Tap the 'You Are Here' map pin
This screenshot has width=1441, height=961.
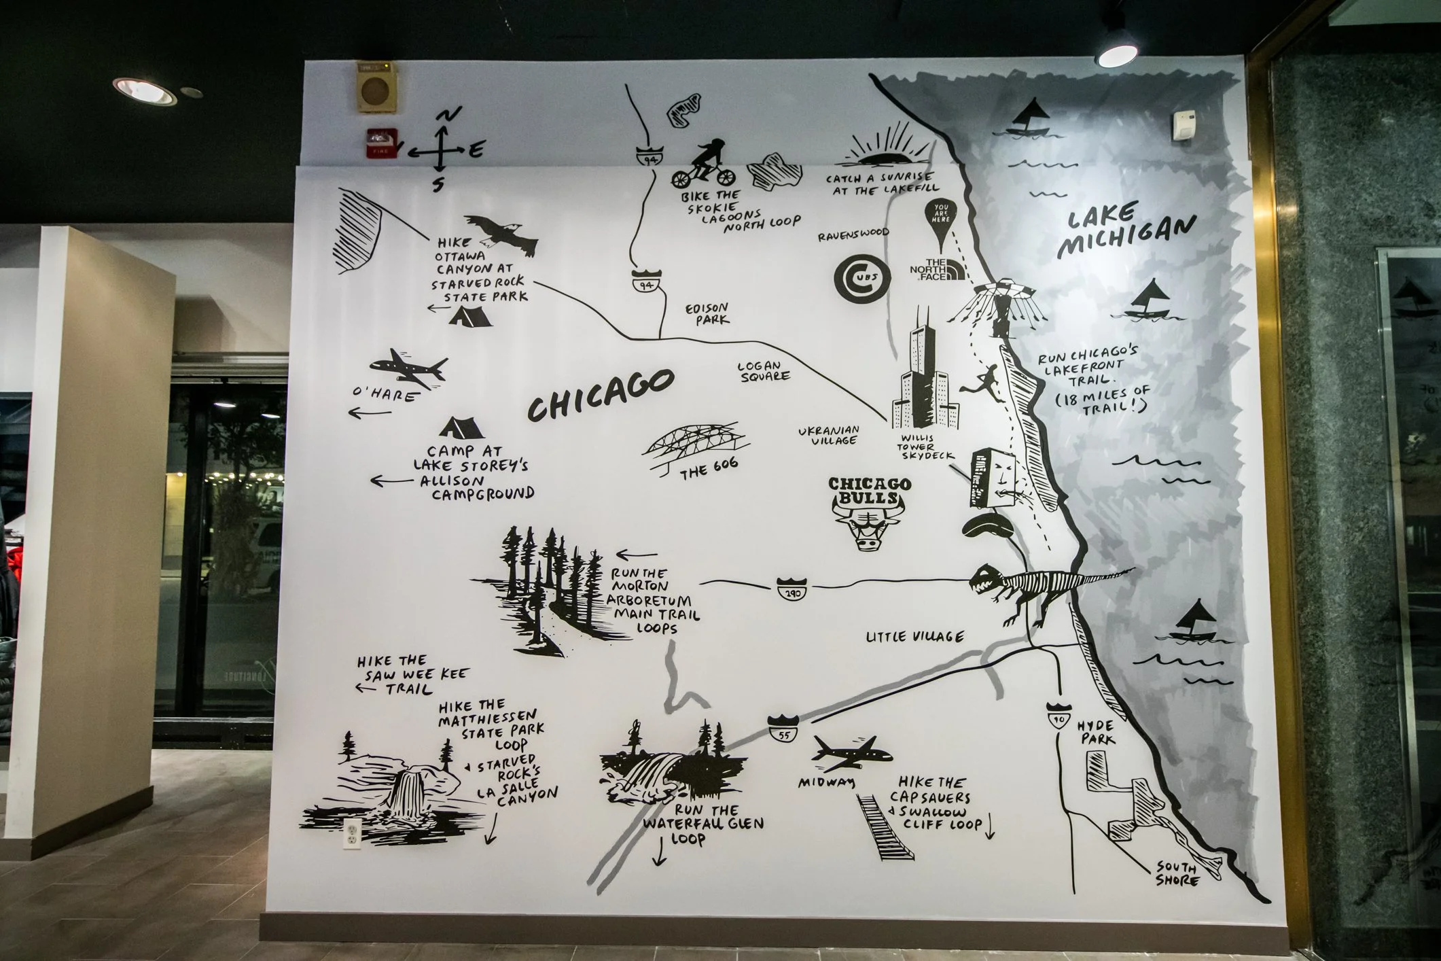[x=940, y=224]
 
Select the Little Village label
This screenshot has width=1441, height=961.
[x=914, y=637]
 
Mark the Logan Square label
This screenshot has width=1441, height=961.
[x=763, y=370]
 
